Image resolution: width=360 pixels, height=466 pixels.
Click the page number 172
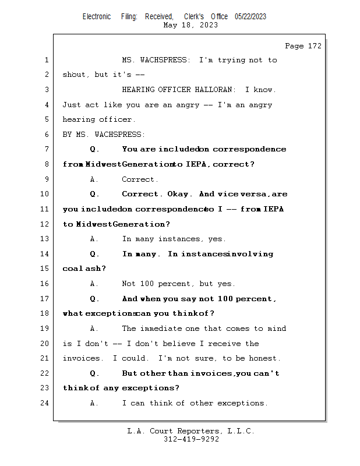pos(315,46)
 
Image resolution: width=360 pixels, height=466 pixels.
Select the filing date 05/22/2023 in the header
pos(250,16)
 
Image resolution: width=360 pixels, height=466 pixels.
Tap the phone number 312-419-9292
pos(191,439)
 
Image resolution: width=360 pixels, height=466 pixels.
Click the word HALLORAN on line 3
pos(213,90)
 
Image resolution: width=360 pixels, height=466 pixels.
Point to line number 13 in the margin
pos(44,239)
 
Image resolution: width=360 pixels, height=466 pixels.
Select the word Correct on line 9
pos(138,179)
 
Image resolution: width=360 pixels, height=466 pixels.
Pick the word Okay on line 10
pos(178,194)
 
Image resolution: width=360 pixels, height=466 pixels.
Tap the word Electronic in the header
pos(97,16)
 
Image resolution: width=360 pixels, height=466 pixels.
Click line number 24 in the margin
pos(44,403)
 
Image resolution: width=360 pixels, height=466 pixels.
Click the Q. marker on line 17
pos(94,299)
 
